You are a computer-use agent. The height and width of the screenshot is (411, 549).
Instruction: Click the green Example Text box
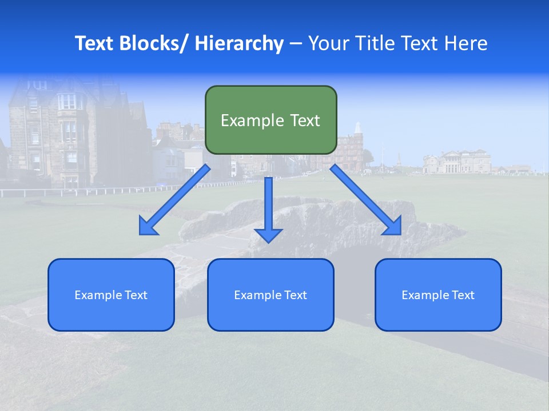click(270, 120)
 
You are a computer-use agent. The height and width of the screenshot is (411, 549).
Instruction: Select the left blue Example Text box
click(111, 295)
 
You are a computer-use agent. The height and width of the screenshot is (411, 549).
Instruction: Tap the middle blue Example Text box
click(270, 295)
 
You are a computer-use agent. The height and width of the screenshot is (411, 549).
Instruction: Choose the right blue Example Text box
click(438, 295)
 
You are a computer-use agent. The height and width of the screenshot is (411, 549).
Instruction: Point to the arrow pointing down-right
click(366, 200)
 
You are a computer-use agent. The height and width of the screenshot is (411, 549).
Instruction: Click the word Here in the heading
click(466, 43)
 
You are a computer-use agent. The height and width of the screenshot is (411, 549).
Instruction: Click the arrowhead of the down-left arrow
click(149, 226)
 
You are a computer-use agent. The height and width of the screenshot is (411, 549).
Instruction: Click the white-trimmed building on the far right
click(457, 162)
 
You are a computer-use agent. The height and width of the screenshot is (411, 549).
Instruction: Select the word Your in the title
click(328, 43)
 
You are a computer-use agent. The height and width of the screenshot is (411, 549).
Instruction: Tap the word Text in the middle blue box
click(296, 295)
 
